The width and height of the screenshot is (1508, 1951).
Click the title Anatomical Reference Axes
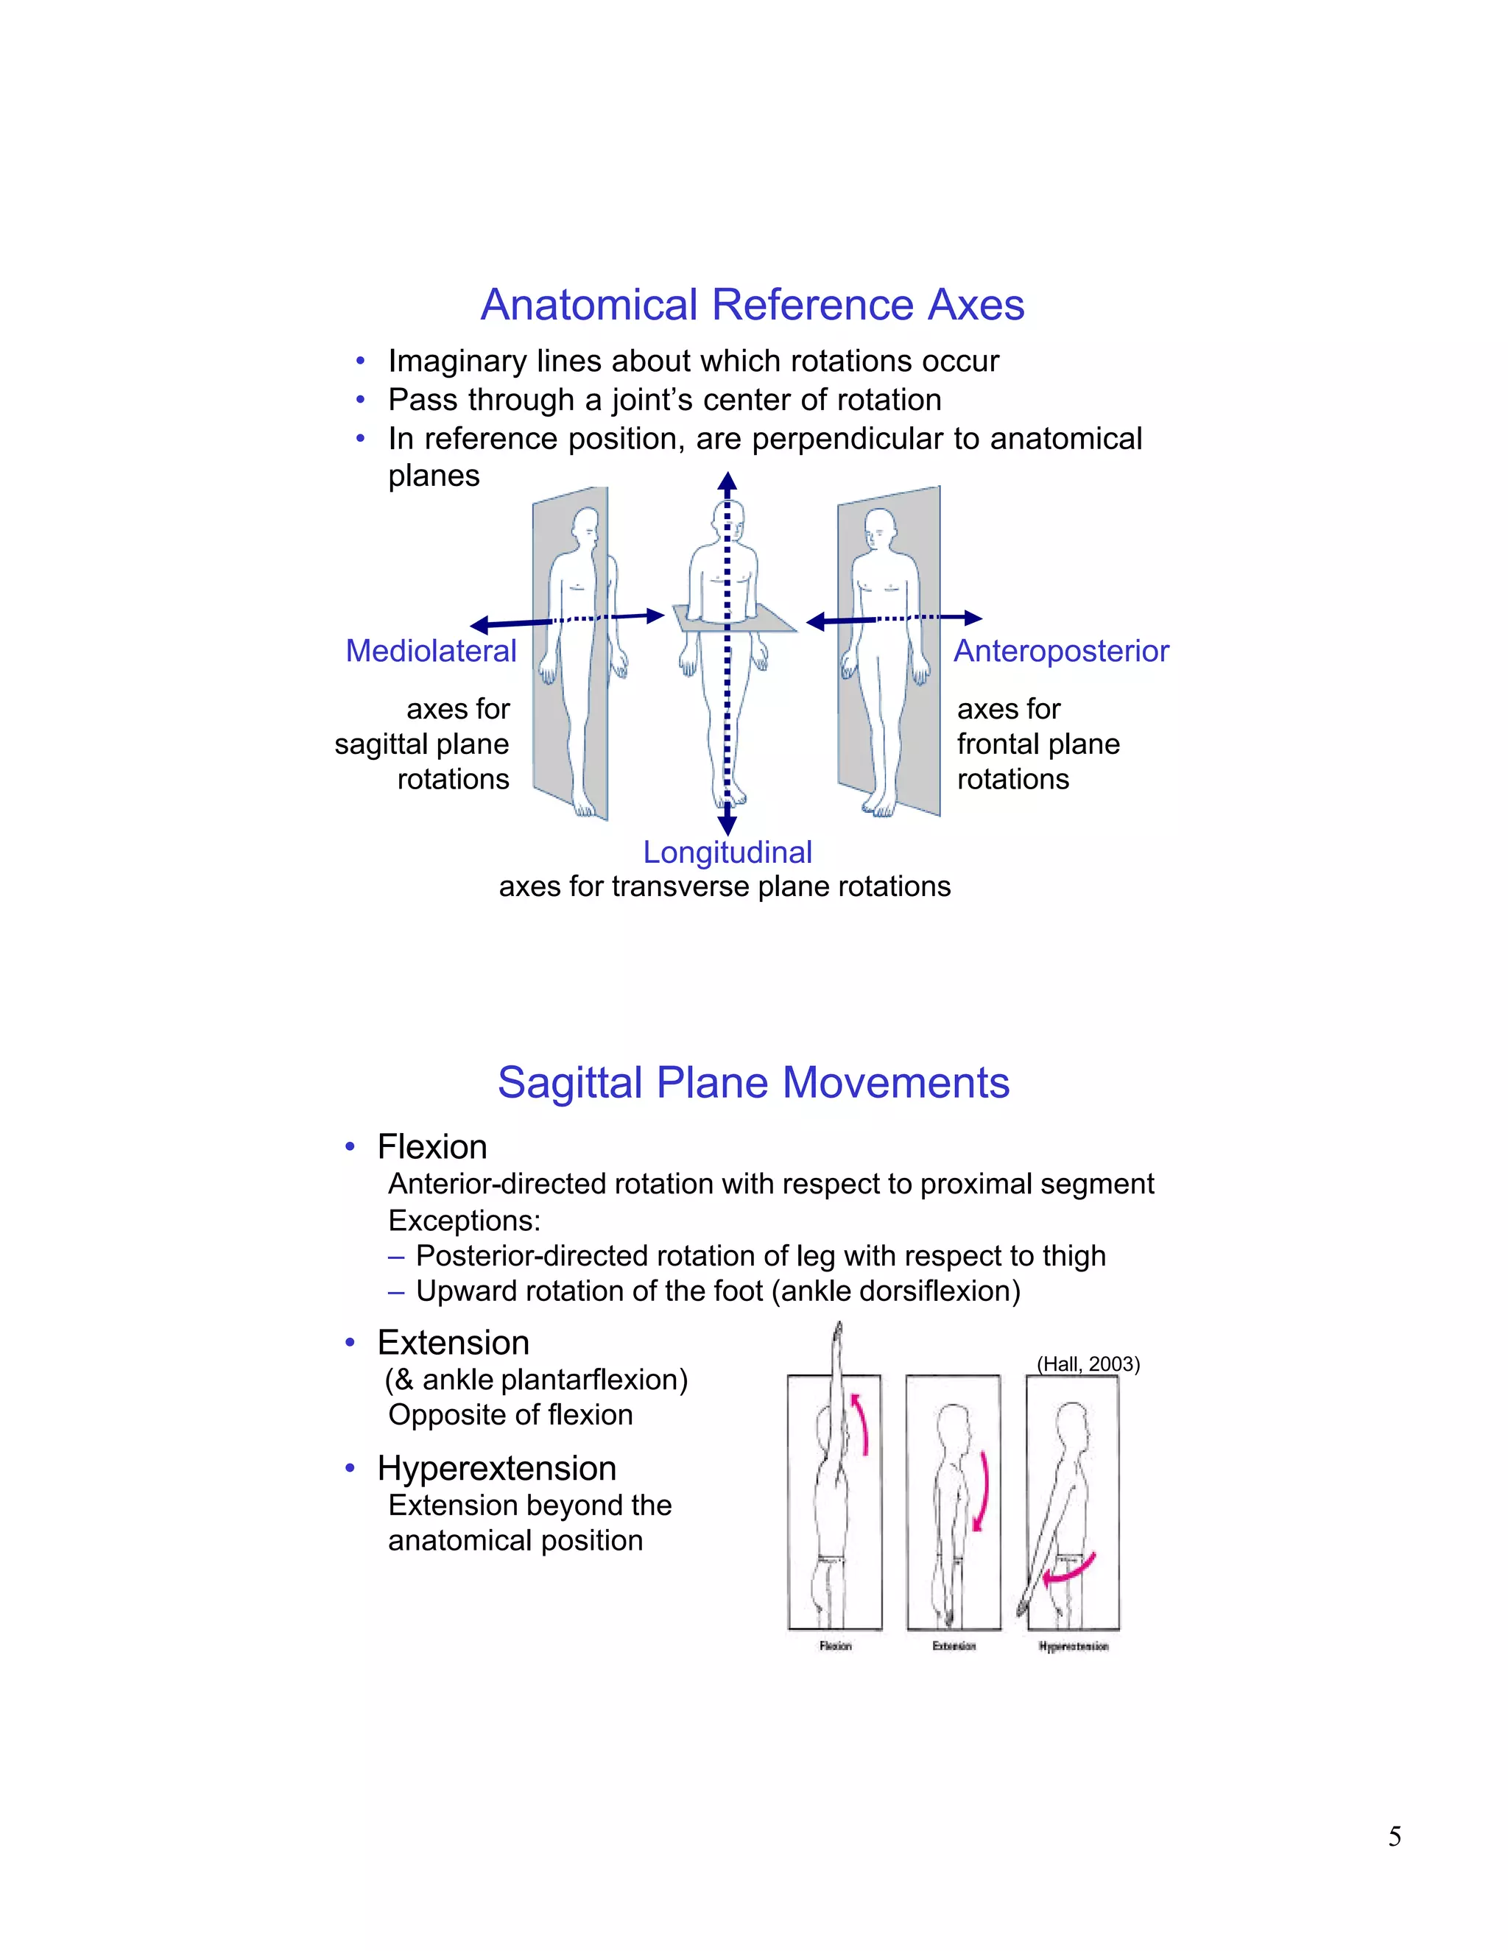click(x=753, y=305)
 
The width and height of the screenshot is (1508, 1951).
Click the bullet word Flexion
click(x=431, y=1146)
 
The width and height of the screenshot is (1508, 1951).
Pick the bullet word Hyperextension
click(x=497, y=1468)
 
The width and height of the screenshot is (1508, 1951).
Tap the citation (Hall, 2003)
click(x=1088, y=1363)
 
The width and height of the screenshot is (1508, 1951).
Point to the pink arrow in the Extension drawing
click(x=983, y=1490)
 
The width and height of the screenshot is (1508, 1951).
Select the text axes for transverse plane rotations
click(x=725, y=886)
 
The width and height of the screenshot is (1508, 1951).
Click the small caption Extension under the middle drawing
click(x=954, y=1645)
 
